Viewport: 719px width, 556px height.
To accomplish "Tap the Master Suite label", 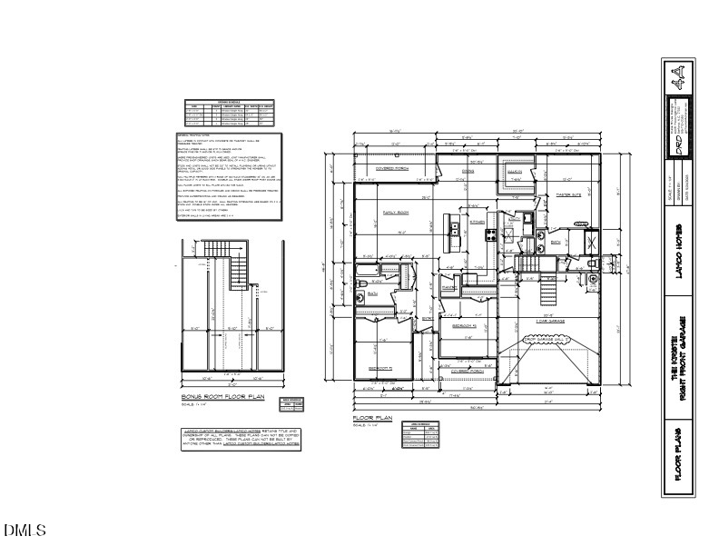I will pyautogui.click(x=568, y=194).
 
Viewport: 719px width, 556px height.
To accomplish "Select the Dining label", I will pyautogui.click(x=469, y=171).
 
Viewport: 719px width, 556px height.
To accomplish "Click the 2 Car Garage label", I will pyautogui.click(x=550, y=321).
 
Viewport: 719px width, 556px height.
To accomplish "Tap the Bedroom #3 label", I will pyautogui.click(x=465, y=324).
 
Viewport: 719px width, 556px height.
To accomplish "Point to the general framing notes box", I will pyautogui.click(x=230, y=175).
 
